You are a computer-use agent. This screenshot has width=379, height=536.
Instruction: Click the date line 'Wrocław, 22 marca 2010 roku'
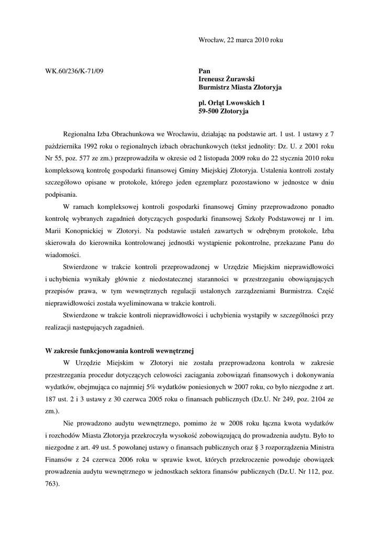(241, 40)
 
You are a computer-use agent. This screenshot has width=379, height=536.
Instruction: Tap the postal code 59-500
(209, 111)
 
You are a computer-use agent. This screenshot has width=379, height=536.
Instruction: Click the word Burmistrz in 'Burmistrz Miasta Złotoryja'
(215, 87)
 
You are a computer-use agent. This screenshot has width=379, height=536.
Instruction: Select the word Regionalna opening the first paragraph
(82, 133)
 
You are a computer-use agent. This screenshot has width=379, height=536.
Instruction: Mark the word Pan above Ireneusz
(204, 71)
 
